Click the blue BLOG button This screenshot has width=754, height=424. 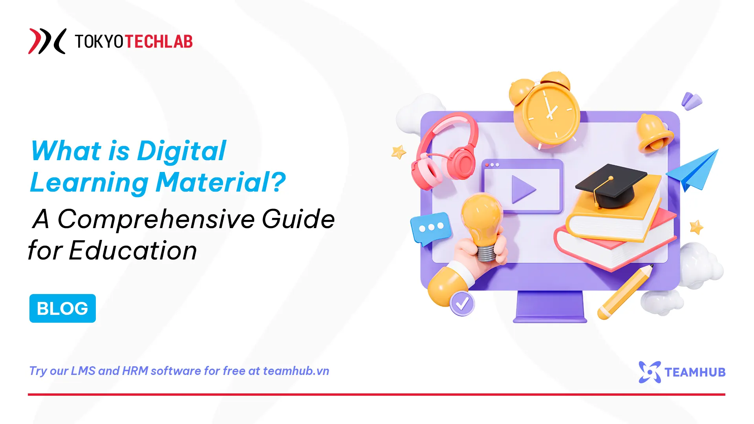click(x=62, y=308)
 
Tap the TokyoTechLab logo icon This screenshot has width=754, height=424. click(x=47, y=41)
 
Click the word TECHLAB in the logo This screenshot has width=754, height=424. click(x=159, y=42)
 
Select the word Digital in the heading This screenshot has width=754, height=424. click(x=181, y=151)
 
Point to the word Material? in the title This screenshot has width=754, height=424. click(x=221, y=183)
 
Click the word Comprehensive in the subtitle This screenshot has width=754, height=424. click(x=156, y=219)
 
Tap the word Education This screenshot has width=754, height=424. click(x=133, y=250)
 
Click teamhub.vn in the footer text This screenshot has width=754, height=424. click(x=296, y=371)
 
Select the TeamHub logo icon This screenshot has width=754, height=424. click(x=650, y=372)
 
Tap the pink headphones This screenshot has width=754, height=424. click(x=446, y=151)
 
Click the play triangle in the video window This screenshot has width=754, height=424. click(x=523, y=189)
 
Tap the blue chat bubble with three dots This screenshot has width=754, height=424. click(x=430, y=228)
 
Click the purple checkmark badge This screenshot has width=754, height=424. click(x=462, y=303)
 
